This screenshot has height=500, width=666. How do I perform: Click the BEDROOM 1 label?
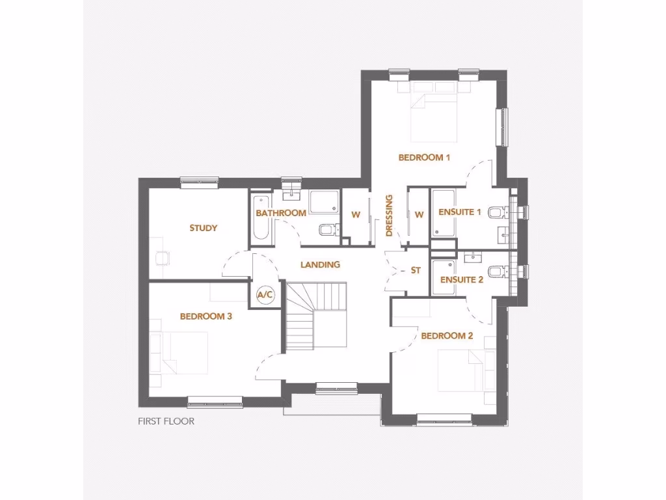424,157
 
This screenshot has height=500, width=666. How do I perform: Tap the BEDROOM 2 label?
447,336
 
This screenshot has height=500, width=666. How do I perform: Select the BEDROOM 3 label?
206,316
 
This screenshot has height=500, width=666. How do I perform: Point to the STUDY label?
203,228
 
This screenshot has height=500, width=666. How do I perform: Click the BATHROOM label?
281,213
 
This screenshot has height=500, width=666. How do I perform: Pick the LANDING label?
320,264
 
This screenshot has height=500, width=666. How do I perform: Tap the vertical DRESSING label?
390,215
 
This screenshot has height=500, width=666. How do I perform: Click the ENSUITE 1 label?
460,212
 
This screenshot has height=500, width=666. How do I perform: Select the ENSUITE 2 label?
461,280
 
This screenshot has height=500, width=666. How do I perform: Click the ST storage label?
416,270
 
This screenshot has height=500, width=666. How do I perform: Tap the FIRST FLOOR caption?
166,421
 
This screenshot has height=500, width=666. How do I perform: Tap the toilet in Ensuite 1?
496,212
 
